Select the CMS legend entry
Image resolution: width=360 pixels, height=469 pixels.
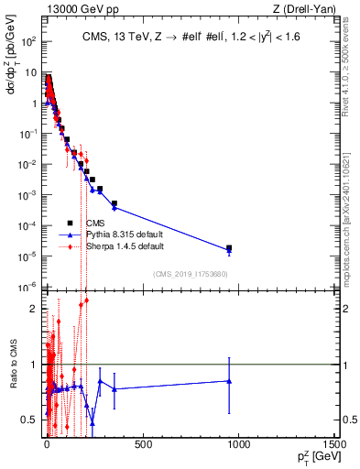(94, 223)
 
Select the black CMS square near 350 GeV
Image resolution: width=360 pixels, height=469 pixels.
(115, 203)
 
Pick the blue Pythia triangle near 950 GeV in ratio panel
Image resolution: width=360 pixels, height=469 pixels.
(229, 381)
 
